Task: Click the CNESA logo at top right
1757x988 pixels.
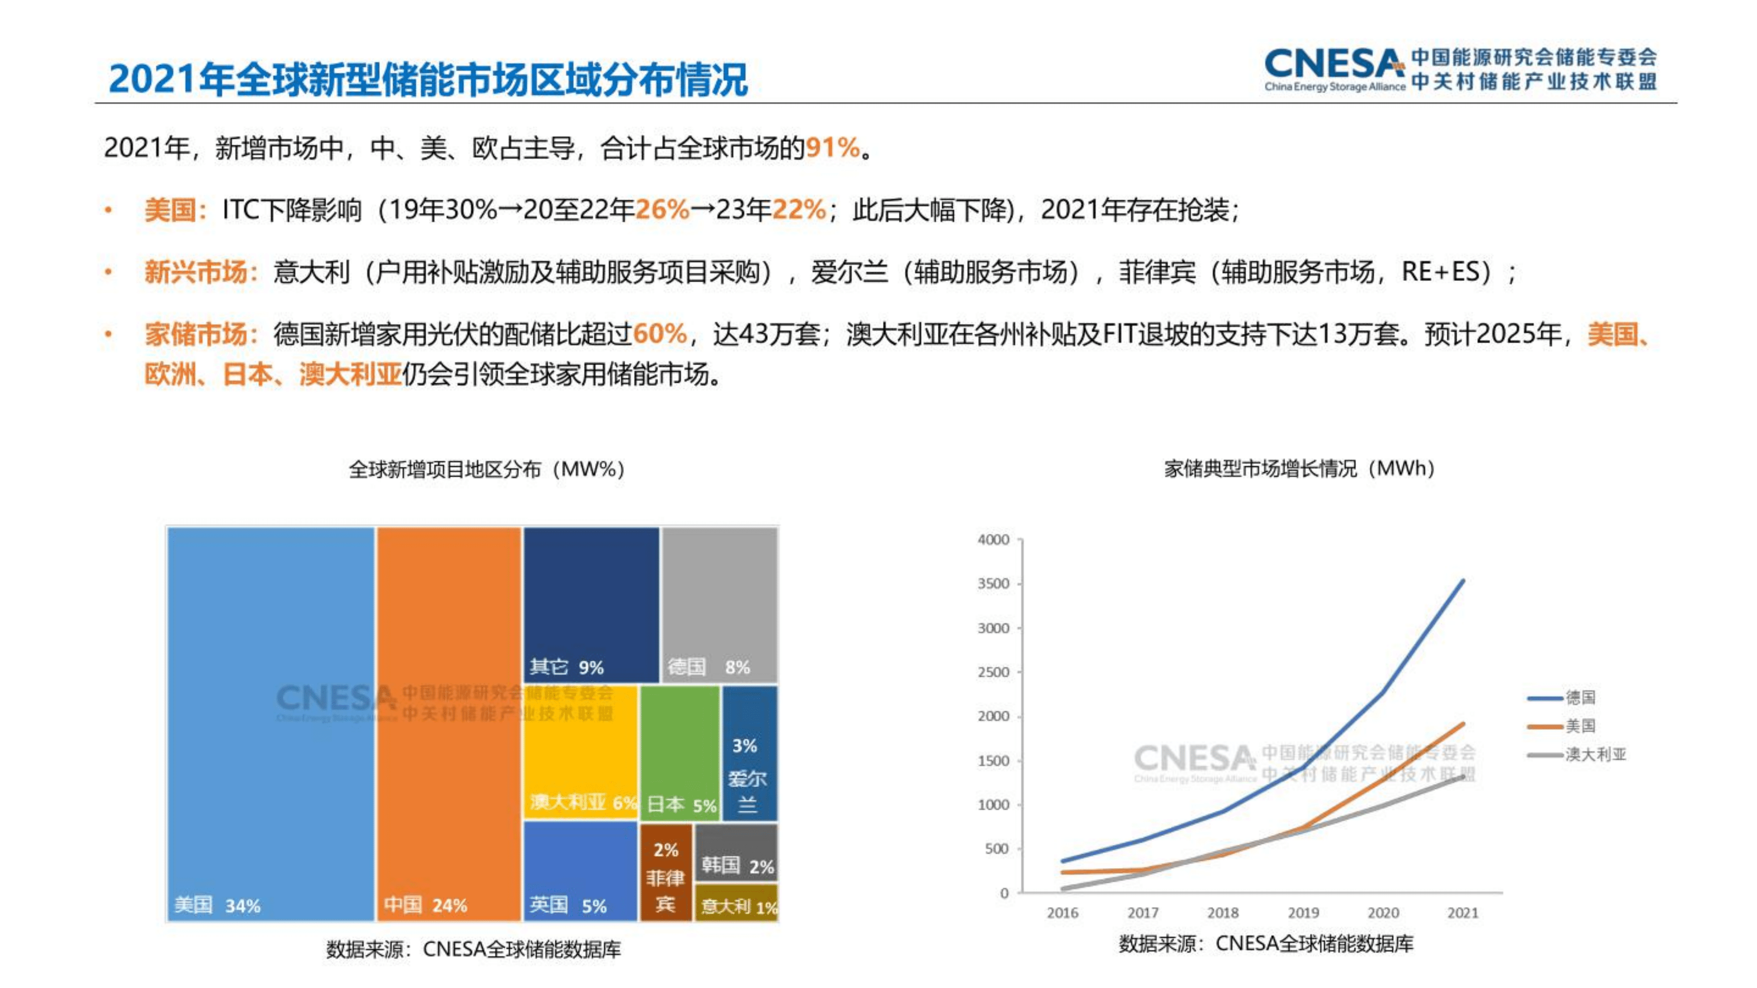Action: pos(1460,69)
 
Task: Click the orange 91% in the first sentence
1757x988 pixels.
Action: pos(832,148)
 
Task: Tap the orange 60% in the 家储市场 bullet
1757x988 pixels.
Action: pos(659,334)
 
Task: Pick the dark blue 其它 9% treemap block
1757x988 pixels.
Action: pos(591,604)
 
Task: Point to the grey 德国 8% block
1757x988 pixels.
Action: pos(719,604)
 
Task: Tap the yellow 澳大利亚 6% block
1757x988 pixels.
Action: pos(580,750)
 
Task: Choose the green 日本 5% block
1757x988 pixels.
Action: pos(680,750)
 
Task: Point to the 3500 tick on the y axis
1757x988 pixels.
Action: pos(993,583)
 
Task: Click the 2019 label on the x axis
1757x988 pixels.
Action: pos(1303,912)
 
